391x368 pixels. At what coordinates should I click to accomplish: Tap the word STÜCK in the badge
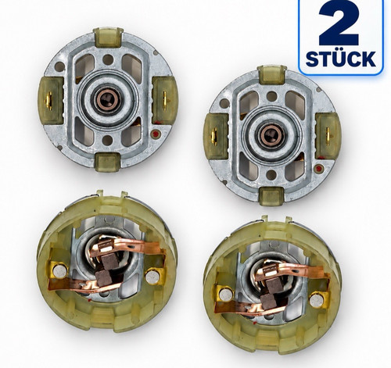point(341,59)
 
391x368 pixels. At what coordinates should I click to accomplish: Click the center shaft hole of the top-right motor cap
point(272,134)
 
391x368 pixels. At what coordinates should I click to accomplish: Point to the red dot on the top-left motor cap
point(156,134)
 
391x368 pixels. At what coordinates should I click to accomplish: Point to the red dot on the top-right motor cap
point(318,169)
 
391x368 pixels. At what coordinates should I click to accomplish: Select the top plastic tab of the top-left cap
point(108,37)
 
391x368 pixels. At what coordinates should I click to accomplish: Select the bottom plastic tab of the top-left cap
point(107,162)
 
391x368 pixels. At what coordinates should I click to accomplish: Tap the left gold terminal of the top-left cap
point(48,100)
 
